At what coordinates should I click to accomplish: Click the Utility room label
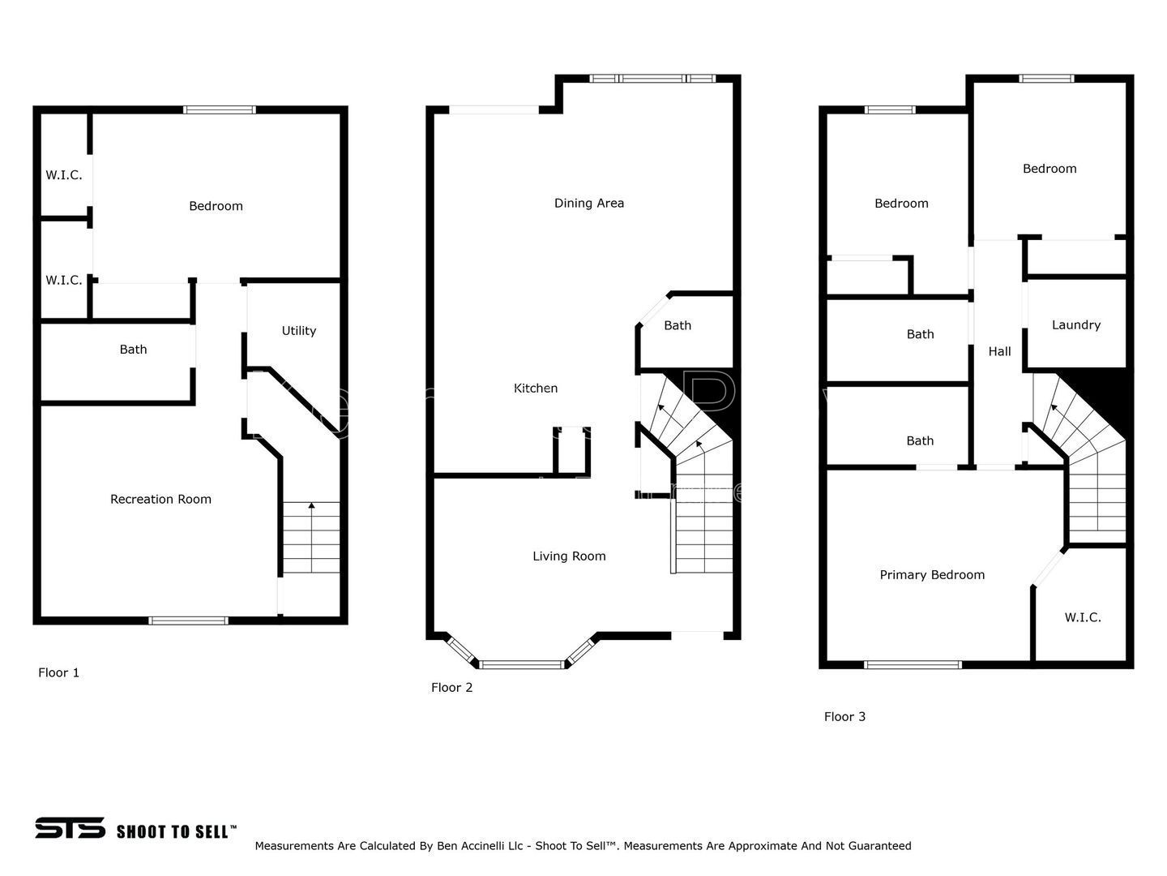point(299,331)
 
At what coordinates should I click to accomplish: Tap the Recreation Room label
point(160,499)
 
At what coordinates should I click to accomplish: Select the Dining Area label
point(589,203)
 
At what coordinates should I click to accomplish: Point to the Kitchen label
point(536,389)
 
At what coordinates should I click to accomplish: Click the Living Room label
point(569,556)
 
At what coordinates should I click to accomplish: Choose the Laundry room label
point(1076,325)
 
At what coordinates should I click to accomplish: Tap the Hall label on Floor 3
point(999,351)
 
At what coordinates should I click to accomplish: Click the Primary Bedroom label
point(932,575)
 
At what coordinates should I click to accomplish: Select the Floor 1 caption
point(58,673)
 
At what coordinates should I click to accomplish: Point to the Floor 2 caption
point(451,688)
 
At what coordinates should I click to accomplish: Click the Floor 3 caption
point(844,717)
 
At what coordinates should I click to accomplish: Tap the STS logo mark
point(70,828)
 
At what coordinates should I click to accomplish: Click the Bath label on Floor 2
point(678,325)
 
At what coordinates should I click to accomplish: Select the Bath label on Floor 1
point(133,350)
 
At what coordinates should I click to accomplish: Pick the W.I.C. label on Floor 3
point(1083,617)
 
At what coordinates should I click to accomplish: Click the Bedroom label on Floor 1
point(216,206)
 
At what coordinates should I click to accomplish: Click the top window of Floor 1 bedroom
point(220,110)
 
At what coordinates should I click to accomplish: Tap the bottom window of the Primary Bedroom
point(913,665)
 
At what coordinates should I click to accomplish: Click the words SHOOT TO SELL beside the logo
point(176,831)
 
